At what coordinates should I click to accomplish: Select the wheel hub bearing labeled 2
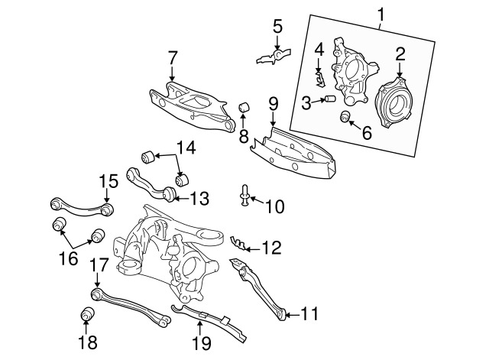pos(396,102)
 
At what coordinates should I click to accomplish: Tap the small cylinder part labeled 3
pos(330,99)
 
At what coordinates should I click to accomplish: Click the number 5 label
pos(277,27)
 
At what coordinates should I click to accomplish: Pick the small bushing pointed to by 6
pos(345,116)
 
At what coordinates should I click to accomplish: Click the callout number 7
pos(172,58)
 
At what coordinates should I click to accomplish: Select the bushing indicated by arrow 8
pos(244,107)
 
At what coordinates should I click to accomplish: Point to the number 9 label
pos(274,104)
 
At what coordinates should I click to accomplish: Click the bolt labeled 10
pos(244,195)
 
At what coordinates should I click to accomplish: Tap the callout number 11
pos(309,314)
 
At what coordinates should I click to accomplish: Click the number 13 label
pos(199,199)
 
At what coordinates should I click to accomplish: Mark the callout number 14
pos(186,148)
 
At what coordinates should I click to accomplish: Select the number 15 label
pos(108,181)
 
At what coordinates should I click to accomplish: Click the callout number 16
pos(68,258)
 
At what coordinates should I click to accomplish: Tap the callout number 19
pos(202,343)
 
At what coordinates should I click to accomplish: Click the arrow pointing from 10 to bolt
pos(257,200)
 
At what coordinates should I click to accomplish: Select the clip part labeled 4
pos(319,79)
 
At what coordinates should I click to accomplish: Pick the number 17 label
pos(99,265)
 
